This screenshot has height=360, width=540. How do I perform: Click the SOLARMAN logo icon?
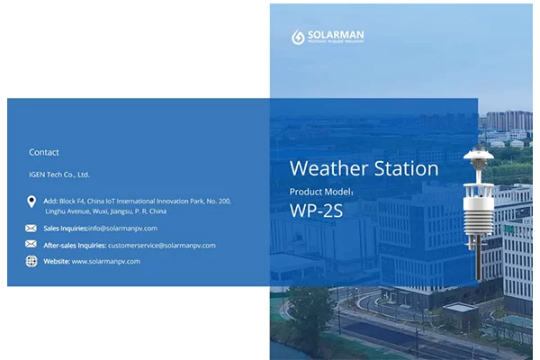[x=299, y=37]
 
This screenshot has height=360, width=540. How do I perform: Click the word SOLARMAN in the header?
[x=336, y=35]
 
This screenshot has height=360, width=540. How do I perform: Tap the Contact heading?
[x=44, y=152]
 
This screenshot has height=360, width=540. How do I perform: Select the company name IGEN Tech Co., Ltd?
[x=59, y=175]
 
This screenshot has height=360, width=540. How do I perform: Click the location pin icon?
[x=31, y=202]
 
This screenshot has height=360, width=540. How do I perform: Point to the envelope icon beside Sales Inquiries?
[x=31, y=229]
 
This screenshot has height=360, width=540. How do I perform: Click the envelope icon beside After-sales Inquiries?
[x=31, y=245]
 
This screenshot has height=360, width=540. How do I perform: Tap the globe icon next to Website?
[x=31, y=261]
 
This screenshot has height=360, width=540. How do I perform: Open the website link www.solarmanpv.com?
[x=106, y=261]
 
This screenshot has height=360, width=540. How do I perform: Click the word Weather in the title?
[x=327, y=169]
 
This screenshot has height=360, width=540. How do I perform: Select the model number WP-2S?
[x=317, y=211]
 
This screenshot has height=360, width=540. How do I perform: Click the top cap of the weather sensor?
[x=475, y=156]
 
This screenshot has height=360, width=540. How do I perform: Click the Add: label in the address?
[x=50, y=201]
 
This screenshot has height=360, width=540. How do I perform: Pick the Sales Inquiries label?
[x=66, y=229]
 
